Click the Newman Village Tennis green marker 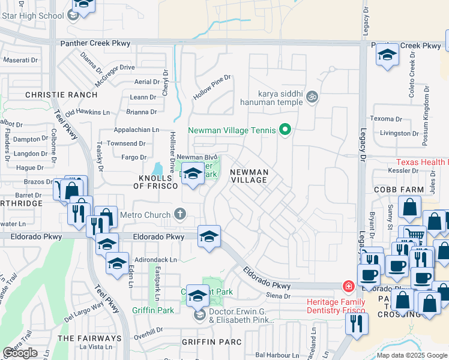[x=285, y=130]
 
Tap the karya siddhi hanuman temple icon [x=311, y=97]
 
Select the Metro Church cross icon [x=179, y=214]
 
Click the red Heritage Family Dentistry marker [x=348, y=286]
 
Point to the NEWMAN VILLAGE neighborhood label [x=249, y=176]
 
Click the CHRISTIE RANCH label [x=61, y=95]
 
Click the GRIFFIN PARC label [x=212, y=342]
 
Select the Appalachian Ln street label [x=137, y=129]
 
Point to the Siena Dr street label [x=278, y=296]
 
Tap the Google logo [x=20, y=353]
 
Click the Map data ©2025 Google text [x=411, y=355]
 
